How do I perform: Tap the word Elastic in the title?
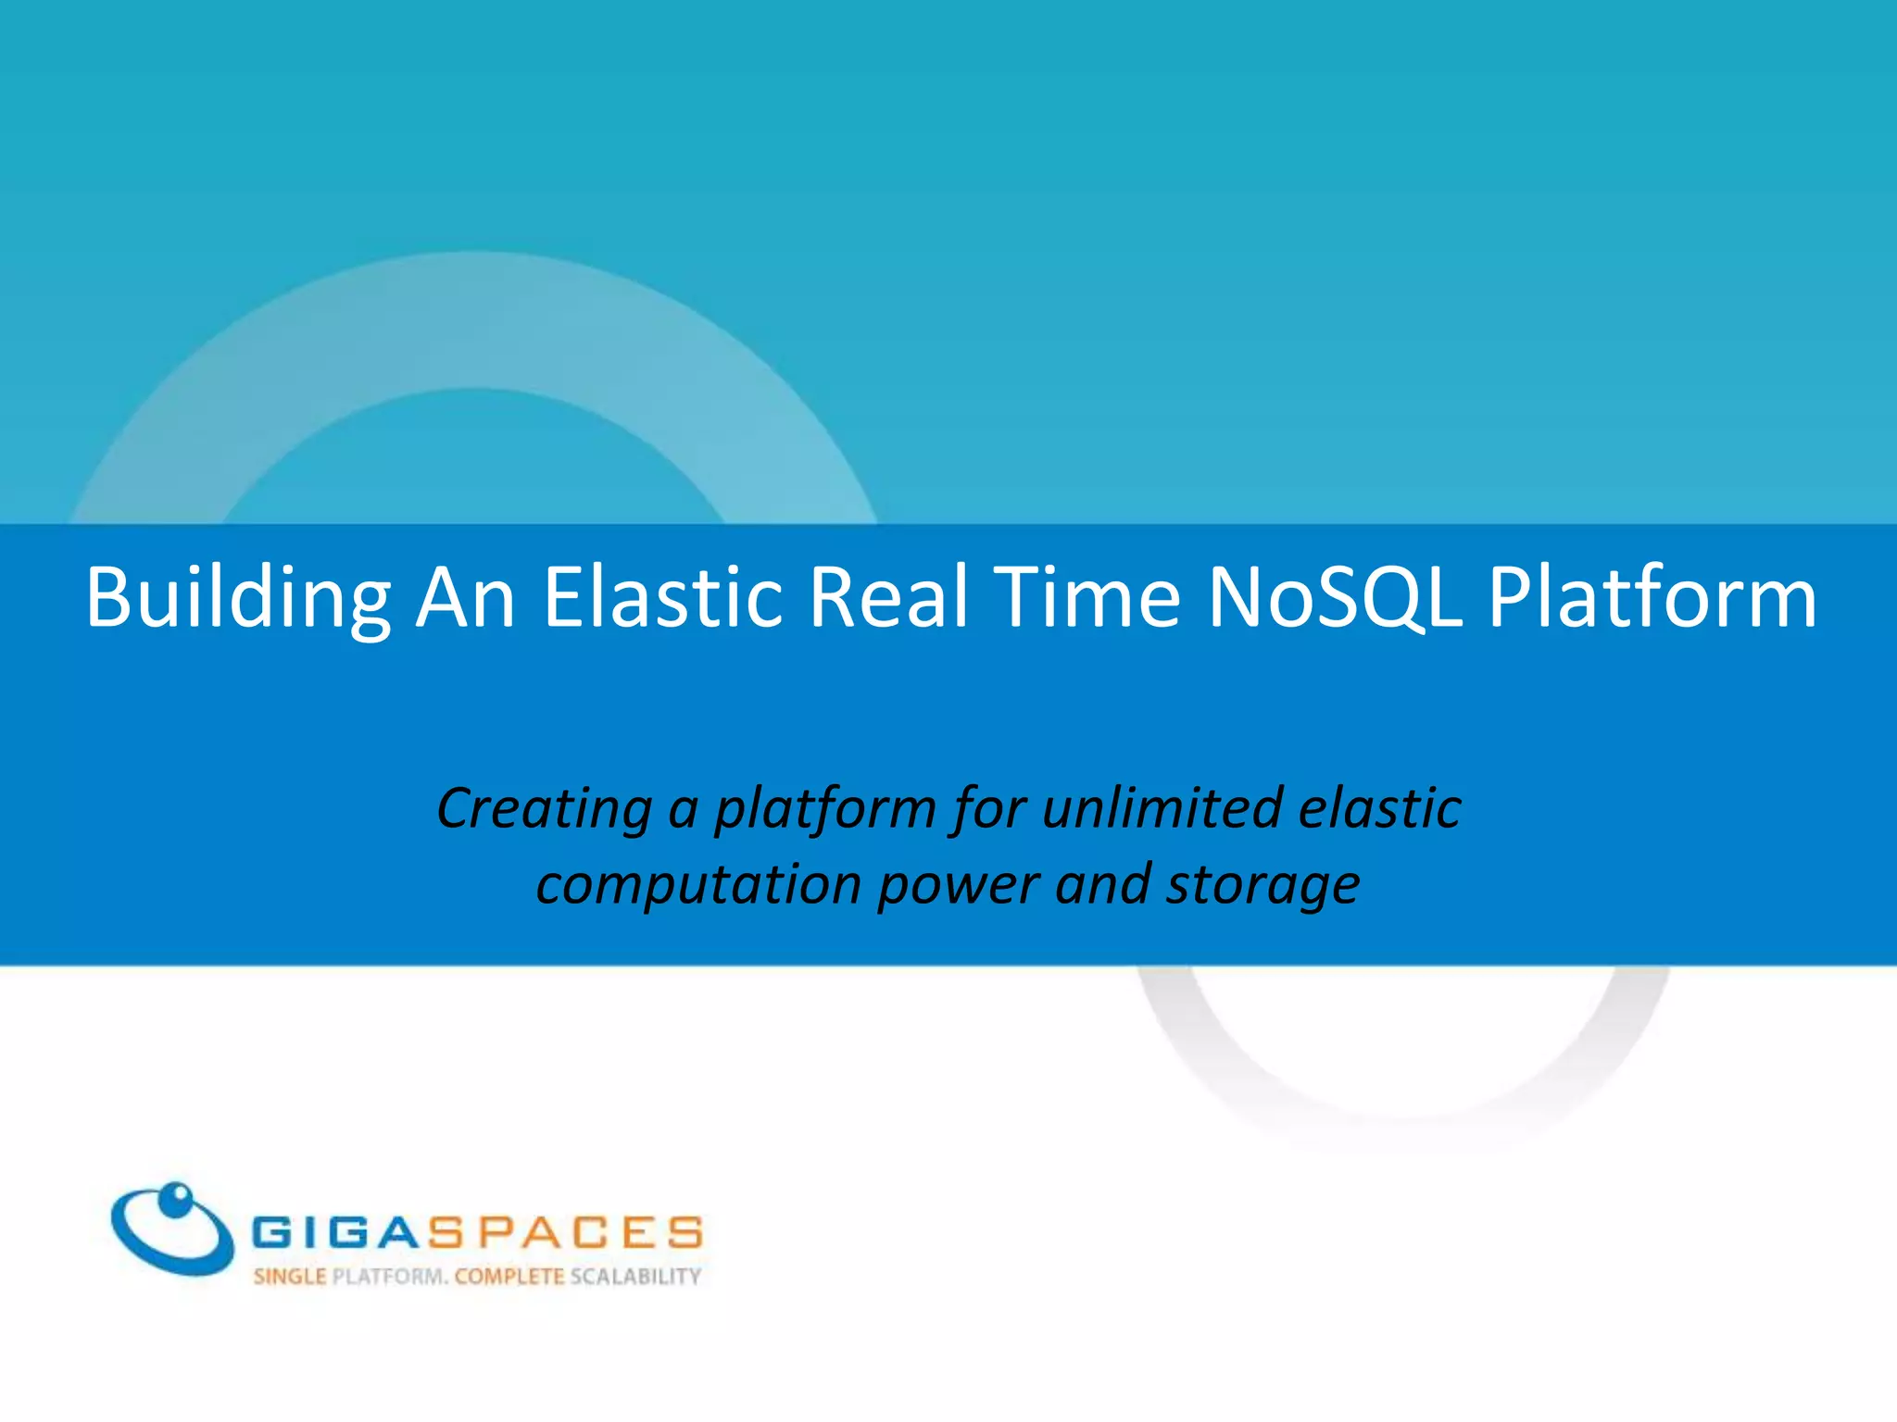tap(663, 598)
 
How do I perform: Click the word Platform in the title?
tap(1652, 598)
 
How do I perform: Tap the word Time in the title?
tap(1089, 598)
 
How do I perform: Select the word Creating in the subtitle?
tap(545, 807)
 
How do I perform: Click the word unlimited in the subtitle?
tap(1162, 807)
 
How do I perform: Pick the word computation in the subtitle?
tap(699, 884)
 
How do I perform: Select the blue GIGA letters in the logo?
tap(338, 1233)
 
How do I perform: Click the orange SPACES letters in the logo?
tap(565, 1233)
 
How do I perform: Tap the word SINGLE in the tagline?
tap(290, 1277)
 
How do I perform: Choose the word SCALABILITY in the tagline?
tap(635, 1277)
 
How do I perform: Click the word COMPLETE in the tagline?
tap(509, 1277)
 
